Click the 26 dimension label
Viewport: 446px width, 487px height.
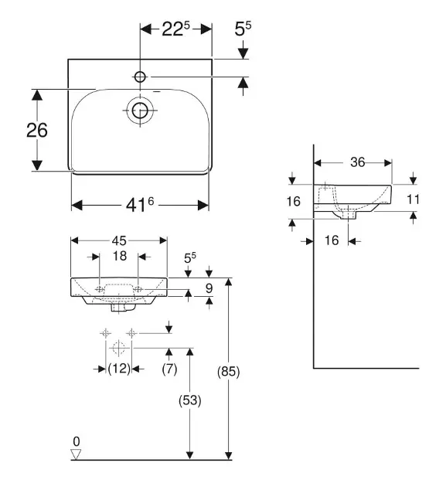click(x=37, y=130)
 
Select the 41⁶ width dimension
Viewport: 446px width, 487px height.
click(x=140, y=205)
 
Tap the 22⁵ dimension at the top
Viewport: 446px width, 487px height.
click(x=175, y=29)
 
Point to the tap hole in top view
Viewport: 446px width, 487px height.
click(x=140, y=77)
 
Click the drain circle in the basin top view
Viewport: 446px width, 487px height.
click(x=140, y=111)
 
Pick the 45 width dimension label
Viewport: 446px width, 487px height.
click(x=119, y=240)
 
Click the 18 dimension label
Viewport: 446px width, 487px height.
click(x=120, y=256)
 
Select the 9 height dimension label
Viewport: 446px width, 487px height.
click(x=209, y=288)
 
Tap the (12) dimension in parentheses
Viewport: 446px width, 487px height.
click(x=119, y=369)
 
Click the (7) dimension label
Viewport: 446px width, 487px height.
click(x=169, y=369)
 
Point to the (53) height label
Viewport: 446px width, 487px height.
click(x=190, y=400)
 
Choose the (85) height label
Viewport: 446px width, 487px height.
click(x=229, y=372)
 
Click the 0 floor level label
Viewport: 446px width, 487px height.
click(x=77, y=441)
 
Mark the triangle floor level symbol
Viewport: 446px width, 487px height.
click(x=76, y=454)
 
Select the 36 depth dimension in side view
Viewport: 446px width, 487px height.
click(x=357, y=162)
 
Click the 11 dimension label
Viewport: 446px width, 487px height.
click(x=413, y=199)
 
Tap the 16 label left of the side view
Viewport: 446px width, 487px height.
click(x=294, y=201)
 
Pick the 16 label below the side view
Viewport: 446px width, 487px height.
click(x=332, y=240)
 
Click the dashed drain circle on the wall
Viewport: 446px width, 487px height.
click(x=118, y=348)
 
